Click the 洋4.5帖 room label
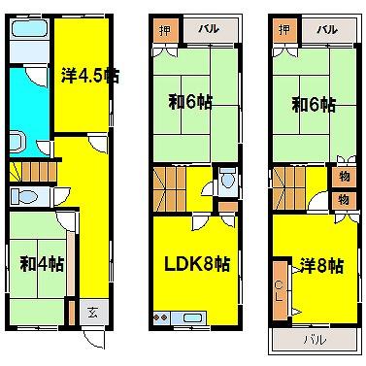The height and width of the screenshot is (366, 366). [x=90, y=76]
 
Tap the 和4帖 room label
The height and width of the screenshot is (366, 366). [x=42, y=264]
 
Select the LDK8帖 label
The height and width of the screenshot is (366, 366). [x=197, y=264]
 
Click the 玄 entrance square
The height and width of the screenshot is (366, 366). [x=93, y=313]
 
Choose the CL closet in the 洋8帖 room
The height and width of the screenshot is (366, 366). [x=279, y=290]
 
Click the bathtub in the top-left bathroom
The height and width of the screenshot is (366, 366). [x=29, y=29]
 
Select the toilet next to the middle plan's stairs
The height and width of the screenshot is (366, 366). [x=228, y=179]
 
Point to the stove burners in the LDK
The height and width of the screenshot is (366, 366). [x=161, y=317]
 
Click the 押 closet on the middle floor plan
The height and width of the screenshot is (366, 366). [x=165, y=31]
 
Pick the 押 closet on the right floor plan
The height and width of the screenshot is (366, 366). [x=284, y=31]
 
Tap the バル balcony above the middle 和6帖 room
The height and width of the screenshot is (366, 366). [x=211, y=30]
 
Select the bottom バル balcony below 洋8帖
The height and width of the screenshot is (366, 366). [x=315, y=340]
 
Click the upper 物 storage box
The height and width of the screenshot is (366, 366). [x=344, y=177]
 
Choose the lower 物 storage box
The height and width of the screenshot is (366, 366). [x=344, y=200]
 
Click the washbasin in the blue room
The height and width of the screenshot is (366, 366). [x=17, y=142]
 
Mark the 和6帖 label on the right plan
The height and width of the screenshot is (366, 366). [x=314, y=105]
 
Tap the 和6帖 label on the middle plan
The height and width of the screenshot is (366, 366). [x=190, y=103]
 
